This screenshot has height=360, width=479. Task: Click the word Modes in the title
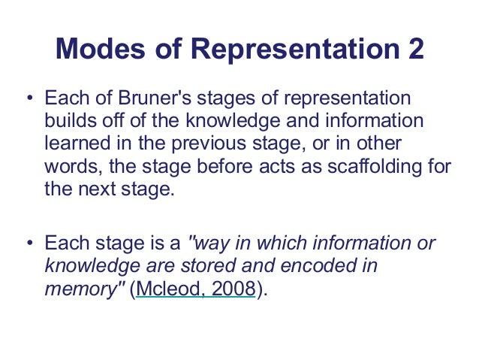[x=95, y=50]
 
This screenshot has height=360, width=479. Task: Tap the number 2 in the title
[x=413, y=50]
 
